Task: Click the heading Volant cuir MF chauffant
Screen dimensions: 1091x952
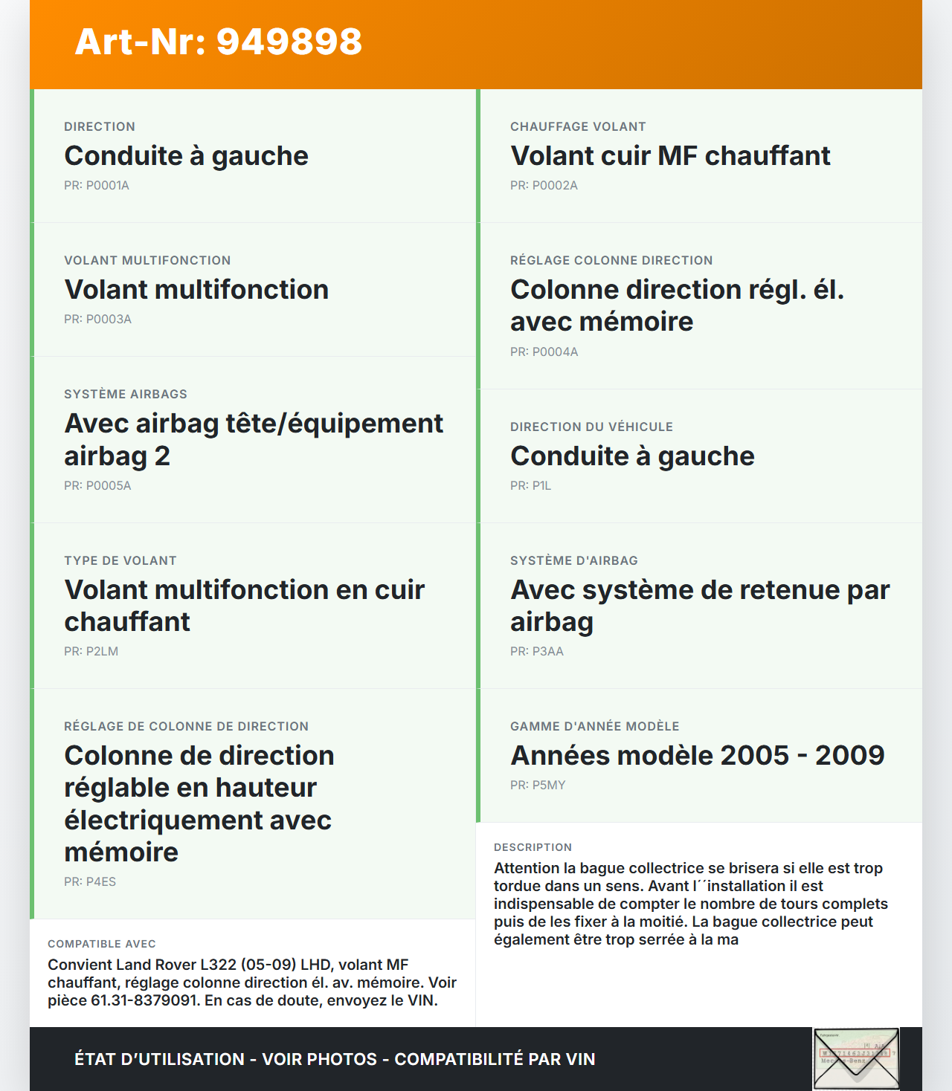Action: point(670,156)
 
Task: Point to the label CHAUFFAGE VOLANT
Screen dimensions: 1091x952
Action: point(578,126)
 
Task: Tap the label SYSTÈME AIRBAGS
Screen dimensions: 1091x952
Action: point(126,394)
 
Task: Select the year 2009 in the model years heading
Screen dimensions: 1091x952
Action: point(849,756)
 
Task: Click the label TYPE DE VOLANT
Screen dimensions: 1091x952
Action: point(120,560)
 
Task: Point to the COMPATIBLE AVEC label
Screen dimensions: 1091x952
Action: point(102,944)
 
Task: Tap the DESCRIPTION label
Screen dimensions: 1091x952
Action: point(533,847)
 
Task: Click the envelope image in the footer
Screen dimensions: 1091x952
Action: point(856,1059)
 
